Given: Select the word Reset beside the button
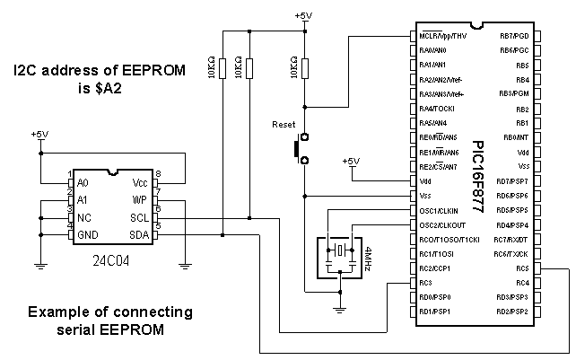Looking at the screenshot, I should (284, 125).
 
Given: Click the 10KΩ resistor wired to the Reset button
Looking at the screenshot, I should (306, 67).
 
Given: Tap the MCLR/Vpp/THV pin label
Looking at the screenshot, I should (441, 36).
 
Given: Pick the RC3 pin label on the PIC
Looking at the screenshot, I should (427, 284).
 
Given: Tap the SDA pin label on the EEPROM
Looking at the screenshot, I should (138, 235).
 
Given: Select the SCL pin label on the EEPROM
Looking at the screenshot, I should (139, 217).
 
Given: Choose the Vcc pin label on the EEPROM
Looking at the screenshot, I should (139, 182).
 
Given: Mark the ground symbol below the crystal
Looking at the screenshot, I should (340, 310).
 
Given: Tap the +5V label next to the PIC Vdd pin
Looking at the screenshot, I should (351, 162).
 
